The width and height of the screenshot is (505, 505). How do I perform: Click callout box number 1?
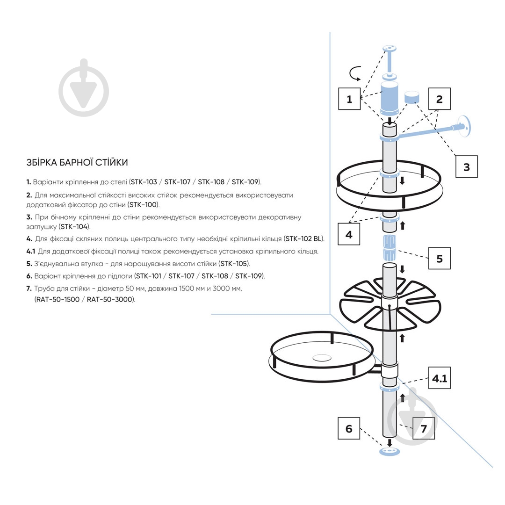(x=349, y=99)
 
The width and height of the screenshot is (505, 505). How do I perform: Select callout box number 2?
(x=439, y=99)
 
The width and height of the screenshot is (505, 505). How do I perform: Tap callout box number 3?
(x=466, y=166)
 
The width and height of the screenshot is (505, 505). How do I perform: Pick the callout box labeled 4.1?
(x=439, y=378)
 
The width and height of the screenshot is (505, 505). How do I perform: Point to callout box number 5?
(x=439, y=258)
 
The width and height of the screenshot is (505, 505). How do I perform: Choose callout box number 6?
(x=349, y=428)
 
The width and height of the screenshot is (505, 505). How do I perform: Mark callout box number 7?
(x=424, y=428)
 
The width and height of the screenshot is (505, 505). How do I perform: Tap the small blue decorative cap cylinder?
(x=412, y=97)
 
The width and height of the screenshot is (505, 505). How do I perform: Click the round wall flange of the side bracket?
(x=464, y=126)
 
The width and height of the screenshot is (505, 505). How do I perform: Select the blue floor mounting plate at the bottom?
(x=390, y=451)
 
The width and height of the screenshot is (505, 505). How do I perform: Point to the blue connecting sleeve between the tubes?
(x=390, y=247)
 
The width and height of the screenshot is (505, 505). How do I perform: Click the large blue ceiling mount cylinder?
(x=390, y=98)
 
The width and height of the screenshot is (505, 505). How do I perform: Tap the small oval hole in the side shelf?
(x=322, y=357)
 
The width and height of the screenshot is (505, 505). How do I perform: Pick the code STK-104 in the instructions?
(x=74, y=227)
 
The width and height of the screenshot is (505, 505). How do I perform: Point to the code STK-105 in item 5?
(x=234, y=264)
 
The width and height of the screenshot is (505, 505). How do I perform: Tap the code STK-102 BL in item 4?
(x=303, y=239)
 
